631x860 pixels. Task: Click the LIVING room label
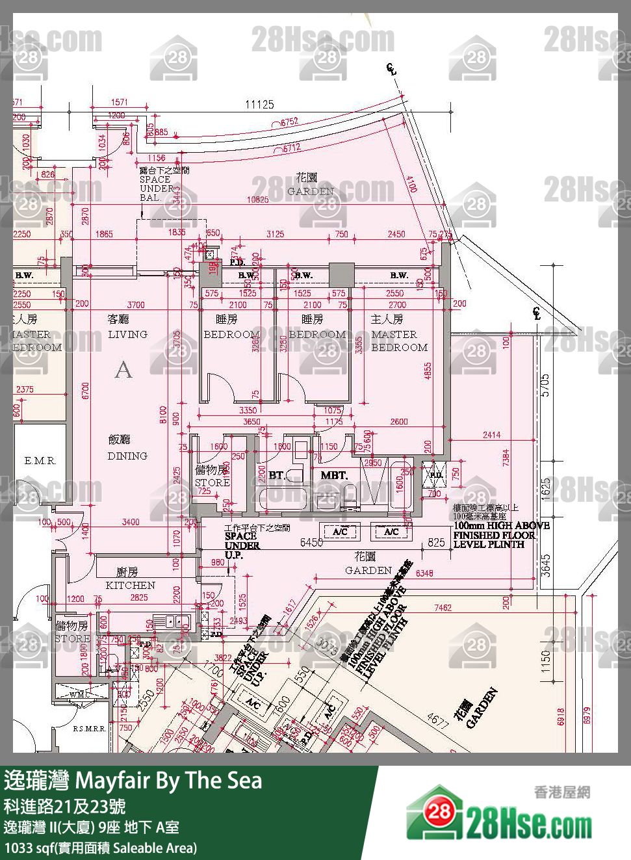(127, 334)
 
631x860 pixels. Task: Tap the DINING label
(127, 456)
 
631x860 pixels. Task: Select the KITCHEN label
(130, 585)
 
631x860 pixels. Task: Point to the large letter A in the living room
(123, 370)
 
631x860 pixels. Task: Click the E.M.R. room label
(40, 461)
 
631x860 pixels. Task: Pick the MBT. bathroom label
(334, 476)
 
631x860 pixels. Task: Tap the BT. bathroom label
(277, 476)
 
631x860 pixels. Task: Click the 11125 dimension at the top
(259, 105)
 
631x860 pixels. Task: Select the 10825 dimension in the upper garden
(257, 200)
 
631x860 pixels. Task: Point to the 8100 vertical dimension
(163, 415)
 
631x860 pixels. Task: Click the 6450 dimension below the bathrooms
(312, 542)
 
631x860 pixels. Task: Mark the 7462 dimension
(443, 608)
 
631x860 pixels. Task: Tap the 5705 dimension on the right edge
(545, 384)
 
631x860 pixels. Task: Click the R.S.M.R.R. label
(89, 729)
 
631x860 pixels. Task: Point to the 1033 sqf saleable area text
(101, 848)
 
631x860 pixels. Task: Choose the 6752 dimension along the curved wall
(289, 122)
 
